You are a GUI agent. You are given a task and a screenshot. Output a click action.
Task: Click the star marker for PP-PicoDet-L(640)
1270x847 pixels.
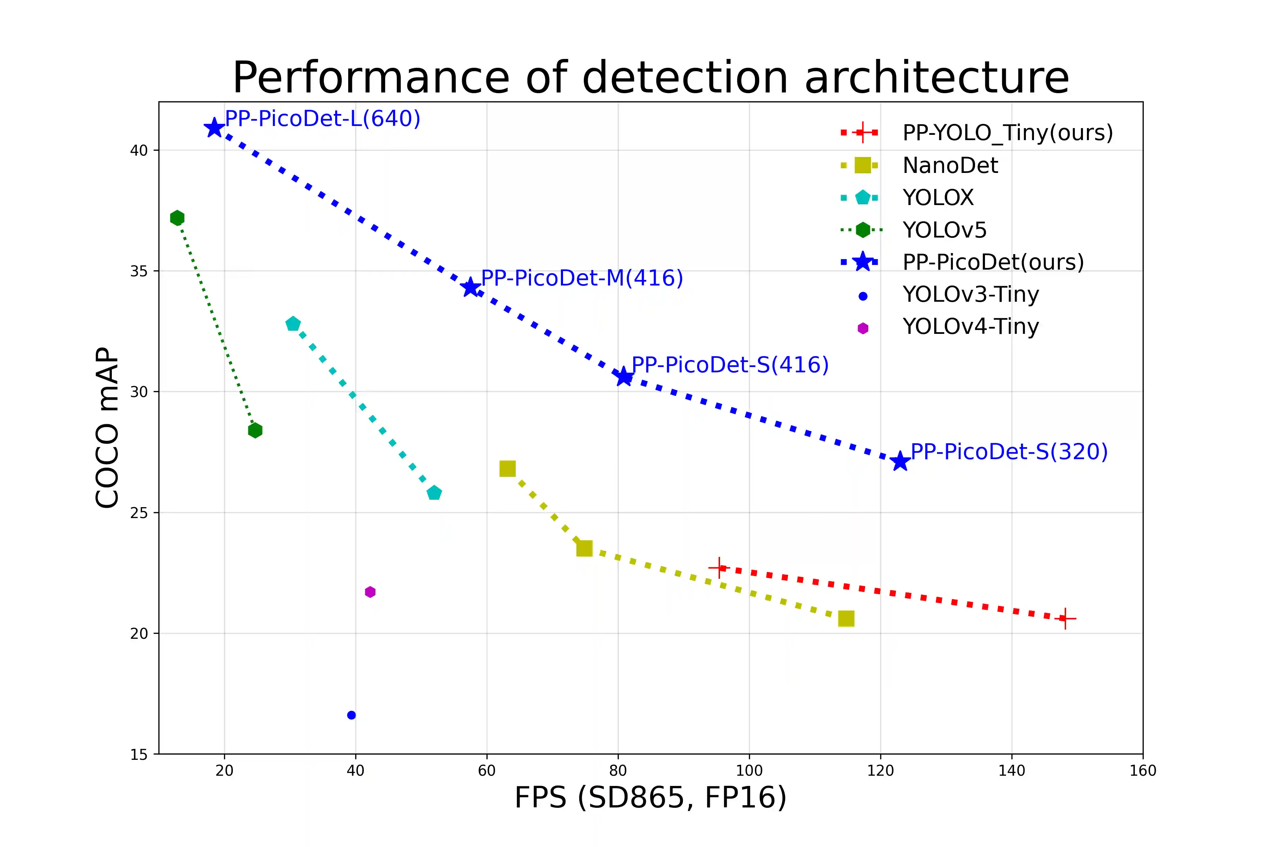(214, 128)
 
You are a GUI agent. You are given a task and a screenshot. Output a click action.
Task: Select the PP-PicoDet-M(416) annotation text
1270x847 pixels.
(581, 278)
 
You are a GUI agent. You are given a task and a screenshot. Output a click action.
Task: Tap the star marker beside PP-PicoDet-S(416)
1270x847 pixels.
(624, 377)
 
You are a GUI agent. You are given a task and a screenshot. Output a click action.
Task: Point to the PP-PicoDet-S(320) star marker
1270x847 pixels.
(900, 461)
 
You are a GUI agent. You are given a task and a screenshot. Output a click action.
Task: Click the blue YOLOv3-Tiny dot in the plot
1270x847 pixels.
(351, 715)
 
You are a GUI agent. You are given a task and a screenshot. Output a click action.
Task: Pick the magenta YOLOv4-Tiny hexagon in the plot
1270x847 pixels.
(370, 592)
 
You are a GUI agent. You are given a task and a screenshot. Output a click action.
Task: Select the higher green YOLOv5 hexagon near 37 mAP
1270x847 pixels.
(177, 218)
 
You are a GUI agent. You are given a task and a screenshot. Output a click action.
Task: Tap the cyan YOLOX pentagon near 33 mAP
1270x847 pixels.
(293, 324)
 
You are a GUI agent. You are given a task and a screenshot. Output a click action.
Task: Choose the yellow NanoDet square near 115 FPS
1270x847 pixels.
(846, 619)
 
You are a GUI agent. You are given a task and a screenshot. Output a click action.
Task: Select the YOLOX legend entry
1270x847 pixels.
(938, 198)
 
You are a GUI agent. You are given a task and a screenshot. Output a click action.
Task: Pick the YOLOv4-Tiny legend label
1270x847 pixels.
(970, 327)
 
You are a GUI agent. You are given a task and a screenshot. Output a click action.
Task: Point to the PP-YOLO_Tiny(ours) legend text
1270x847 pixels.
(1008, 133)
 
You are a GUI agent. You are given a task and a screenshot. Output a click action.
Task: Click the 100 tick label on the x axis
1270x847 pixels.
(749, 771)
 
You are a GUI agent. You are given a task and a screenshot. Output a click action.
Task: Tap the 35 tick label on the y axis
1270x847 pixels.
(139, 271)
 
